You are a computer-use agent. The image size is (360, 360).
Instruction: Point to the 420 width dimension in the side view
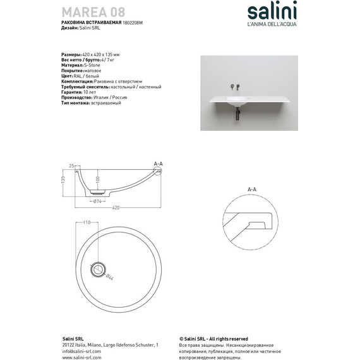[116, 207]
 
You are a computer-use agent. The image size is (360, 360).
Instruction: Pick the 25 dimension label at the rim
[71, 164]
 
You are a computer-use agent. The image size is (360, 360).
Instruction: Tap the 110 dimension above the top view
[87, 223]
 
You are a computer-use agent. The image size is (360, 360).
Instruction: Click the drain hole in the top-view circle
[98, 269]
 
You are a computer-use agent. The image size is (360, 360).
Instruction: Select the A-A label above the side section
[158, 164]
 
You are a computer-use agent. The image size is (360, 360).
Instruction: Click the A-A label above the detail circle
[251, 189]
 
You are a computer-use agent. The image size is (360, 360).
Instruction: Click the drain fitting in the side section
[98, 194]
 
